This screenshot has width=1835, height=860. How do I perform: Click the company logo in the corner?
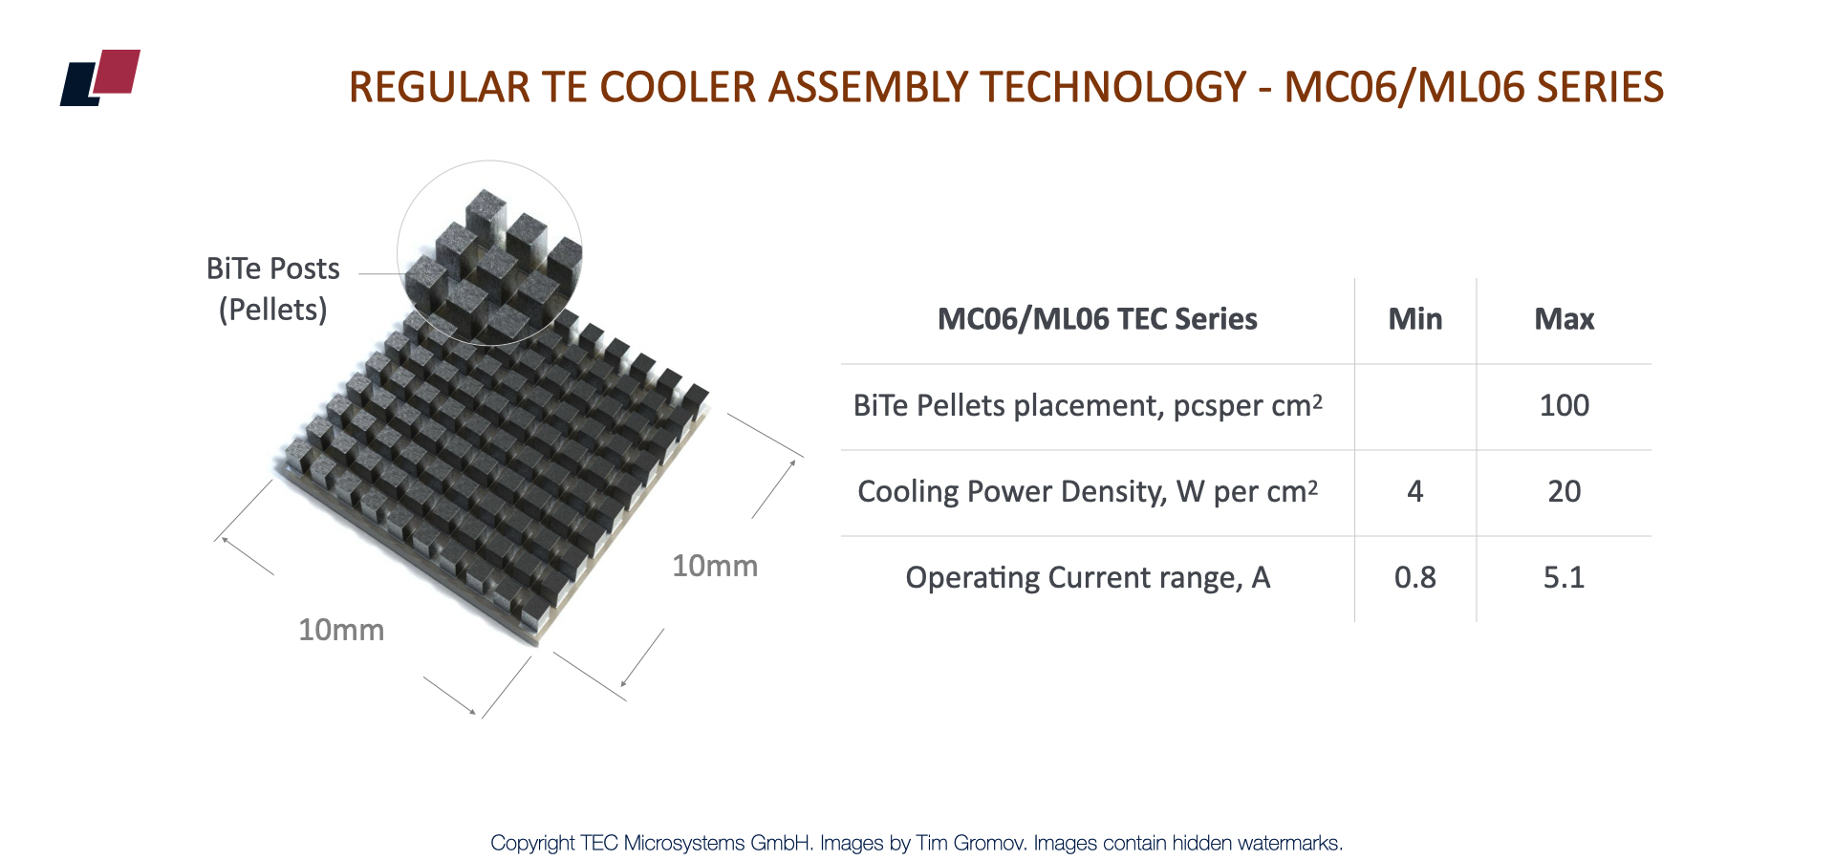tap(100, 77)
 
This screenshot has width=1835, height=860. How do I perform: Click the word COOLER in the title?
tap(678, 87)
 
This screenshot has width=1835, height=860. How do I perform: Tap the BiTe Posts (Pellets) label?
tap(273, 290)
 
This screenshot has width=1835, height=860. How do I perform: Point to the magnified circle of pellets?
tap(489, 252)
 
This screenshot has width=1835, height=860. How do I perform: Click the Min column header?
tap(1415, 319)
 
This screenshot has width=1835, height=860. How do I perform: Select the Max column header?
tap(1565, 319)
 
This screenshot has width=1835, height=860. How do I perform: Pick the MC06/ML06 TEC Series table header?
tap(1097, 319)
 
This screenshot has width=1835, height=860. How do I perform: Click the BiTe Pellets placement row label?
tap(1088, 405)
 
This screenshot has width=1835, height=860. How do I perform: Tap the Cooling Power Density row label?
tap(1088, 491)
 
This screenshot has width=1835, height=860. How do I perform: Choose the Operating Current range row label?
tap(1088, 577)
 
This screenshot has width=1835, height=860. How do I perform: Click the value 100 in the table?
tap(1565, 405)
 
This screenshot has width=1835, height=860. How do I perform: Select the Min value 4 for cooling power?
tap(1415, 491)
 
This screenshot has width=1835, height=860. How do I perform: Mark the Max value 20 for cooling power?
tap(1565, 491)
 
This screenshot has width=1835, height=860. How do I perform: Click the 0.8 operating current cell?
tap(1415, 577)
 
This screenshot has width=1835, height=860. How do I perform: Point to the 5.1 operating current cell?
tap(1565, 577)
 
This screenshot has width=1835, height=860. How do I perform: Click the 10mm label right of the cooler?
tap(715, 566)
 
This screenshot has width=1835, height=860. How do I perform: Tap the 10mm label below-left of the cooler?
tap(341, 630)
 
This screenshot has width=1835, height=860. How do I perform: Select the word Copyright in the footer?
tap(532, 844)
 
